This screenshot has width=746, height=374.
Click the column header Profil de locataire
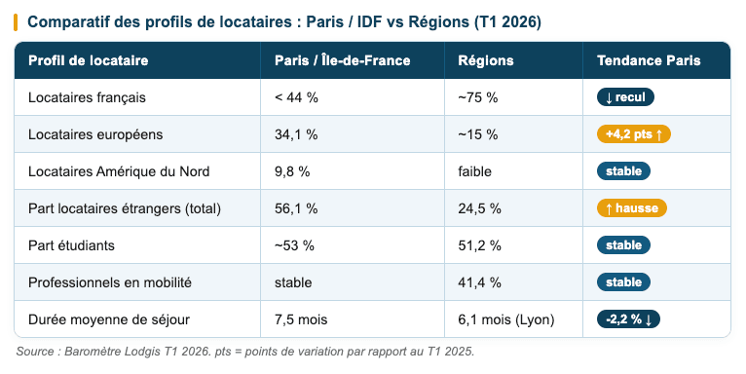tap(88, 60)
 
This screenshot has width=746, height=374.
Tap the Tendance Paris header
tap(648, 60)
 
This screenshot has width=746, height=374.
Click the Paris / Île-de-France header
tap(342, 60)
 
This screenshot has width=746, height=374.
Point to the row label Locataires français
tap(87, 97)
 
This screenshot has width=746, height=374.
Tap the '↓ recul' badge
tap(625, 97)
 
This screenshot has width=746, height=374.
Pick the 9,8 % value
tap(292, 171)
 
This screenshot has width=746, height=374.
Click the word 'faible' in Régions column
tap(474, 171)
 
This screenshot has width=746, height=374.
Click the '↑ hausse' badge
tap(631, 208)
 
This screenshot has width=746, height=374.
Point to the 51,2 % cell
tap(479, 245)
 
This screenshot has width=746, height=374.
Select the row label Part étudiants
tap(71, 245)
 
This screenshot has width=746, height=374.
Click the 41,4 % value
tap(479, 282)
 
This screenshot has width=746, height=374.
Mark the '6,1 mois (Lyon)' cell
tap(506, 319)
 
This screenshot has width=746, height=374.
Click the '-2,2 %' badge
tap(629, 319)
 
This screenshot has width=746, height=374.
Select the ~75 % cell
tap(477, 97)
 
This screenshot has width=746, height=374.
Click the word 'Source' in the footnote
tap(36, 351)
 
